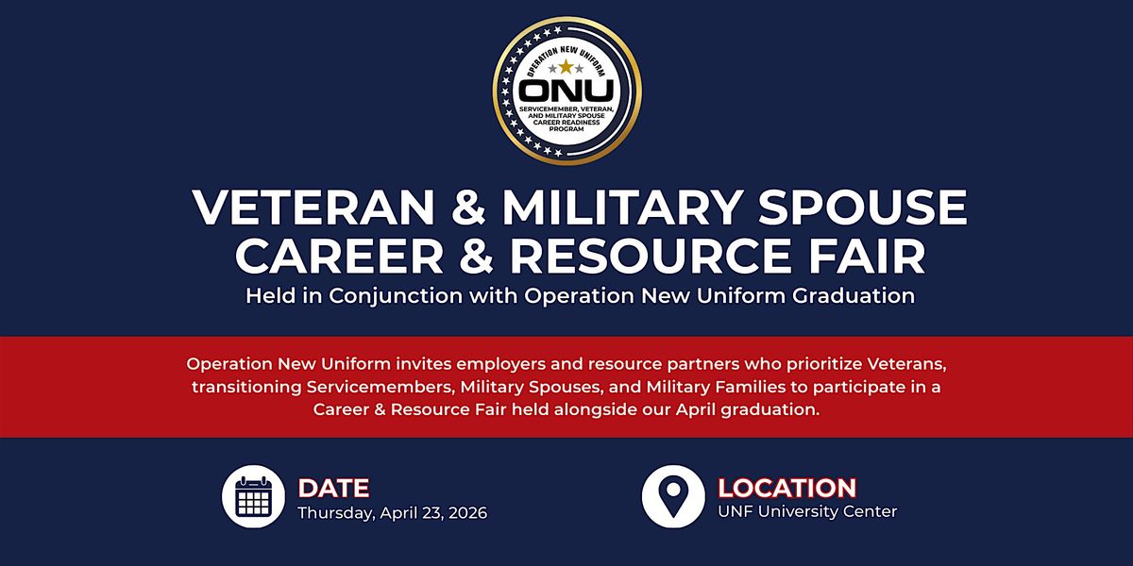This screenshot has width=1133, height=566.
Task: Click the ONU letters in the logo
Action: click(x=566, y=91)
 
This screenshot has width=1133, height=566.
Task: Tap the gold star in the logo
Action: click(x=566, y=67)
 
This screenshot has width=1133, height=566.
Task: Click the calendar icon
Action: click(x=253, y=496)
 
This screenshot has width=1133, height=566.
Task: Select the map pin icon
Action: click(x=673, y=496)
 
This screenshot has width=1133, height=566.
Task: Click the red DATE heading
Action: click(x=333, y=489)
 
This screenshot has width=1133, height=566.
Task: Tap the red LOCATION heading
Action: click(x=787, y=489)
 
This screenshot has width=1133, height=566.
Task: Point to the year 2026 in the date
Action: click(x=468, y=513)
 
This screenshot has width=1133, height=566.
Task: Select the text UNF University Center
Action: click(x=807, y=511)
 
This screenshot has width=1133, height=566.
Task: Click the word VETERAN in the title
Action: click(x=313, y=208)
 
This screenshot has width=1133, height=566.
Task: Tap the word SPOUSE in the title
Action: click(x=862, y=208)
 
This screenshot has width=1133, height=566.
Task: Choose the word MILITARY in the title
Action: click(x=622, y=208)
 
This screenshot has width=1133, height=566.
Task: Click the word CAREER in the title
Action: click(x=339, y=256)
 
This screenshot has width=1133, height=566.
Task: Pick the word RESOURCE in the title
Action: click(x=651, y=256)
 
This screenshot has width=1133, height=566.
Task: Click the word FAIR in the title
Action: click(x=867, y=256)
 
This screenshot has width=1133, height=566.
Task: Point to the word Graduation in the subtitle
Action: click(x=854, y=295)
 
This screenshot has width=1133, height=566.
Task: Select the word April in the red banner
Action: click(x=695, y=409)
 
